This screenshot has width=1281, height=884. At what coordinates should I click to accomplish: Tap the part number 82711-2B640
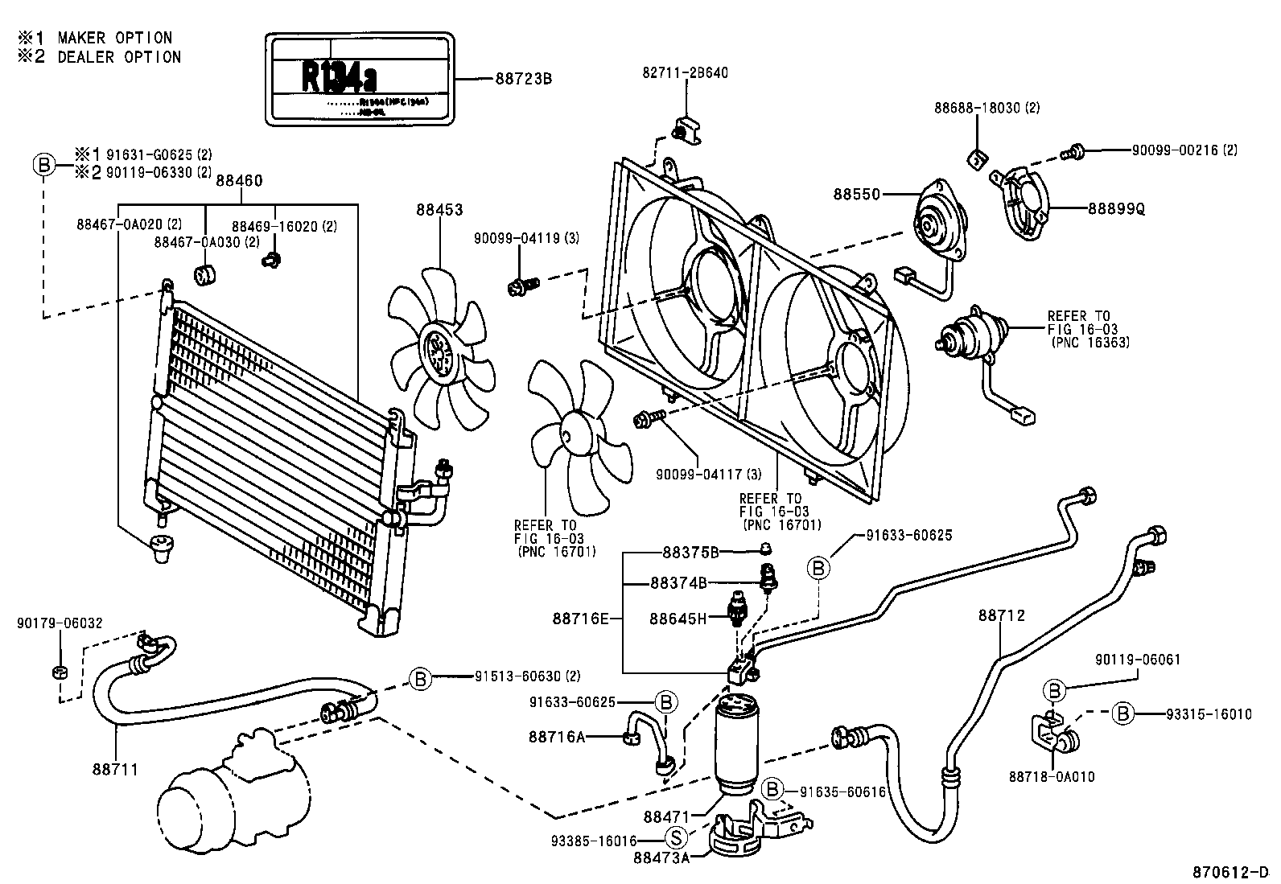click(x=685, y=72)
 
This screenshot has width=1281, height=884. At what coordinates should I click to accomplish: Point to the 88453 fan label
click(x=439, y=210)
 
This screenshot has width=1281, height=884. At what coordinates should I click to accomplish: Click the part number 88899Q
click(x=1116, y=208)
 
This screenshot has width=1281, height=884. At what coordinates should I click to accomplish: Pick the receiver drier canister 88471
click(x=745, y=744)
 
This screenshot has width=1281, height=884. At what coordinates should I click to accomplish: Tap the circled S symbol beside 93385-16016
click(x=677, y=838)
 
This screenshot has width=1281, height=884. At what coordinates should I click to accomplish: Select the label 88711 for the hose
click(x=114, y=770)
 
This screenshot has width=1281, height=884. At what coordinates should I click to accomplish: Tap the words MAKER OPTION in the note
click(x=114, y=38)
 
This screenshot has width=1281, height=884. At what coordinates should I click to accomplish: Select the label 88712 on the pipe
click(x=1002, y=615)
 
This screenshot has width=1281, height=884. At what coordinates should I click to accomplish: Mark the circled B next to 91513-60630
click(x=419, y=678)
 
